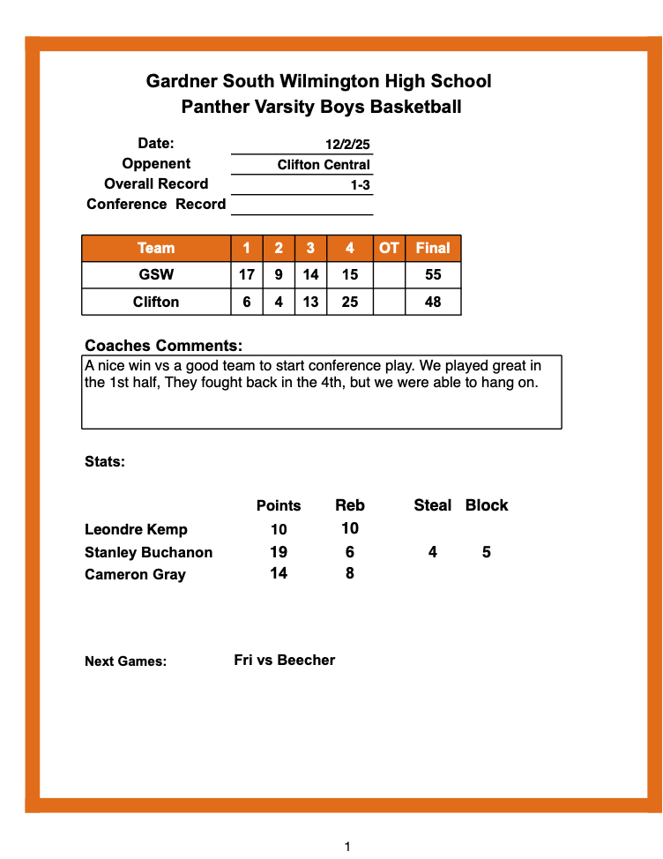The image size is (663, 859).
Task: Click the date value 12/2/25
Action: click(x=347, y=144)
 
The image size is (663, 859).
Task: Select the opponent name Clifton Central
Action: click(x=324, y=165)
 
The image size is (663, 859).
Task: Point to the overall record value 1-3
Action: click(x=360, y=185)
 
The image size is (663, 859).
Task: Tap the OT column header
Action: click(x=389, y=248)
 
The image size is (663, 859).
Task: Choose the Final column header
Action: click(x=433, y=248)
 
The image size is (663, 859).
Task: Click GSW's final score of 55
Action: click(x=433, y=274)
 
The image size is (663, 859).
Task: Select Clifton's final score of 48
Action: click(x=433, y=302)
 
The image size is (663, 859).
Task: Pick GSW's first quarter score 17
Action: click(x=247, y=274)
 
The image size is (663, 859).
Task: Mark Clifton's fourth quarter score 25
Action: click(x=350, y=302)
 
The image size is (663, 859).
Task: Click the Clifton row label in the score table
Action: click(x=156, y=302)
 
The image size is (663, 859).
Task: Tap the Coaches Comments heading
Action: click(x=163, y=346)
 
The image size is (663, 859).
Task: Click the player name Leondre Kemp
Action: click(x=136, y=529)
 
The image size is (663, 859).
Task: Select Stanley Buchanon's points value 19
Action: click(x=279, y=552)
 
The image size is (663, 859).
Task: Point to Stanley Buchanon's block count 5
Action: click(x=487, y=552)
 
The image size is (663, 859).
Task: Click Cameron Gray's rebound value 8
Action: click(x=350, y=573)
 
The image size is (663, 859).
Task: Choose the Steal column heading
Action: click(x=433, y=505)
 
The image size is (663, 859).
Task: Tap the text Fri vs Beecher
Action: click(x=284, y=660)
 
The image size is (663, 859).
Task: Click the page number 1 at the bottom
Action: click(x=347, y=847)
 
